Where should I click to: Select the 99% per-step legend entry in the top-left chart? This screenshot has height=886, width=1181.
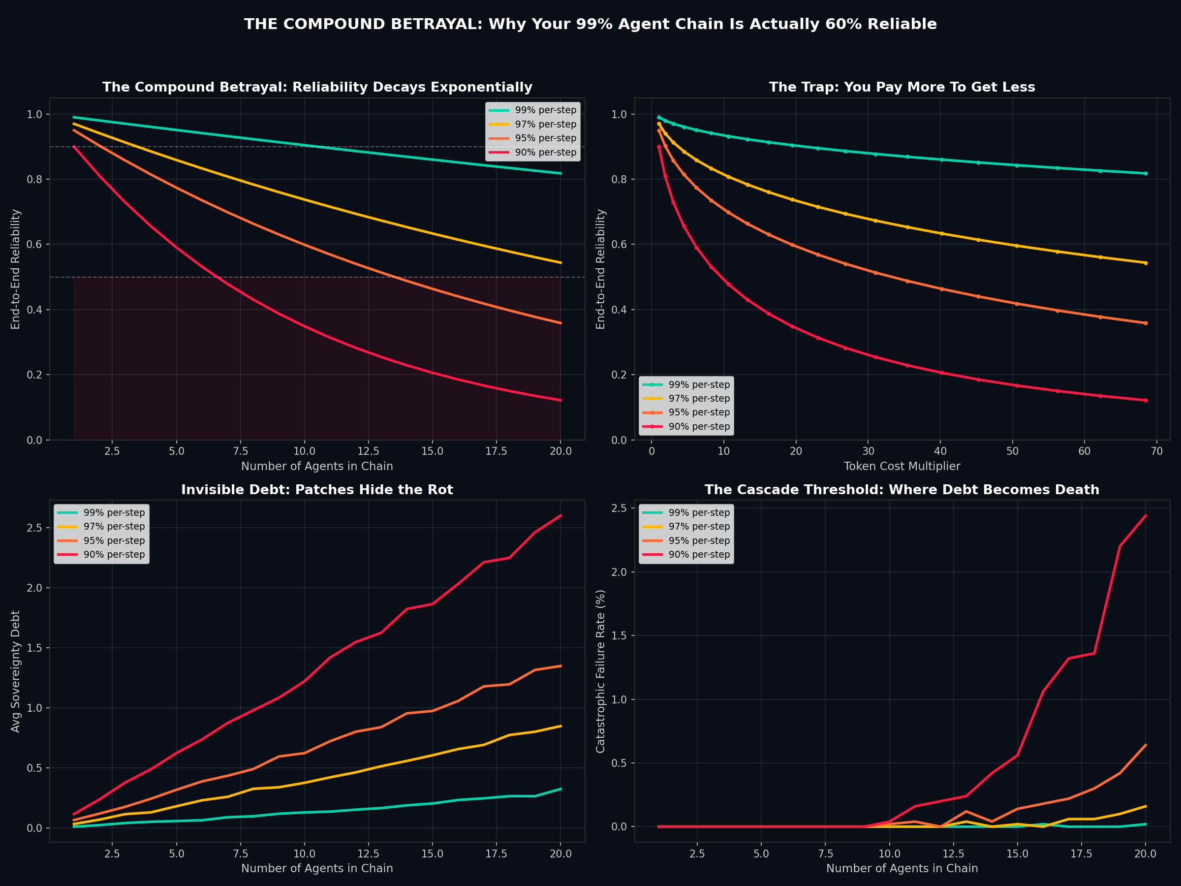pos(545,111)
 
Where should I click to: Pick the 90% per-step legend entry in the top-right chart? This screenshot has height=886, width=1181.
pos(699,427)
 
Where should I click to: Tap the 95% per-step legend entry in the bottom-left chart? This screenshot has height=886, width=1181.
pos(114,540)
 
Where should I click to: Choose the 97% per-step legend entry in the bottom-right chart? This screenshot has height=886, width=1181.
pos(699,527)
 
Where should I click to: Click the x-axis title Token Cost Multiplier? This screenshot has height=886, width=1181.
pos(902,466)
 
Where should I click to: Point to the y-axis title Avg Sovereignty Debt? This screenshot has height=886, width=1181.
pos(16,671)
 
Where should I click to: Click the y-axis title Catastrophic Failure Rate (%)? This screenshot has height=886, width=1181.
pos(601,671)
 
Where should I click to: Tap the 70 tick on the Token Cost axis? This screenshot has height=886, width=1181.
pos(1156,451)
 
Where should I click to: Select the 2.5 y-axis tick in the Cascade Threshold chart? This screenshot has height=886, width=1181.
pos(620,508)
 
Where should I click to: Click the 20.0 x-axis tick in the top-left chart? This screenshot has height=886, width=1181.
pos(560,451)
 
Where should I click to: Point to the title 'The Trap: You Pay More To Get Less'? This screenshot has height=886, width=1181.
pos(902,88)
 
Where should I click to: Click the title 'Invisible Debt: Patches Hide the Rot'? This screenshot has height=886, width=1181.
pos(317,490)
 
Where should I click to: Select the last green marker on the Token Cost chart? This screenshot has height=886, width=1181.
pos(1145,174)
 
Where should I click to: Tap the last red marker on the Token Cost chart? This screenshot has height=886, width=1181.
pos(1145,401)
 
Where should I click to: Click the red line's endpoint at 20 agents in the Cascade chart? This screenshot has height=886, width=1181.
pos(1145,516)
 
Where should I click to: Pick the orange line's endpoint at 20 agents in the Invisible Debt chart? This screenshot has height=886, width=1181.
pos(560,666)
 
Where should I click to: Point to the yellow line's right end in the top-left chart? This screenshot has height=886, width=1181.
pos(560,263)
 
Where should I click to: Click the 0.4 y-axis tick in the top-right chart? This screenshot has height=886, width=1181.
pos(620,310)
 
